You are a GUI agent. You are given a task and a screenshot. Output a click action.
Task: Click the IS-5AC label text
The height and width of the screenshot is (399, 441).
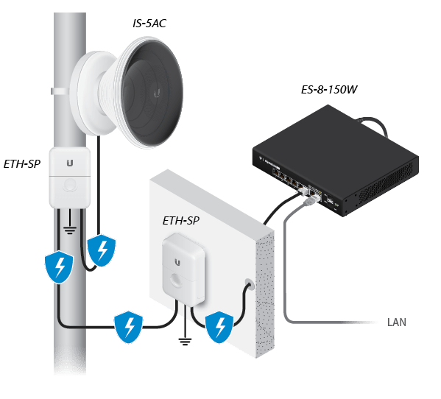click(x=149, y=24)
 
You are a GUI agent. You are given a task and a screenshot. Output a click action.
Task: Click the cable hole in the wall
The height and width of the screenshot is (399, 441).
click(x=247, y=284)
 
